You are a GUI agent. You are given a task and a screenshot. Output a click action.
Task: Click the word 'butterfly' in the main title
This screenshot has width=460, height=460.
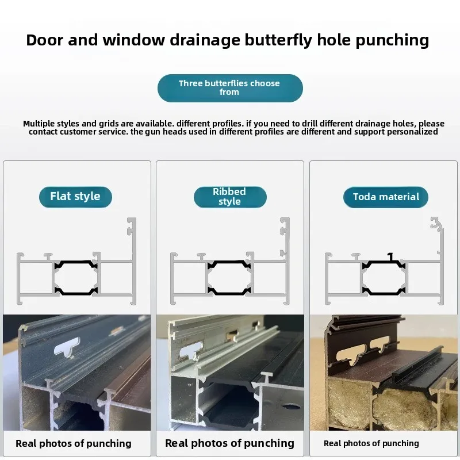pyautogui.click(x=278, y=40)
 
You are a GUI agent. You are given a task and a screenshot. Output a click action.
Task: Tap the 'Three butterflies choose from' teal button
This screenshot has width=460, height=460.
pyautogui.click(x=230, y=88)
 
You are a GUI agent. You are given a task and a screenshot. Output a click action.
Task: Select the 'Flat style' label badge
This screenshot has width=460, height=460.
pyautogui.click(x=75, y=197)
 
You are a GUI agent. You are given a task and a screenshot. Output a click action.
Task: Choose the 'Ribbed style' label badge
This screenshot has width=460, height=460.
pyautogui.click(x=230, y=197)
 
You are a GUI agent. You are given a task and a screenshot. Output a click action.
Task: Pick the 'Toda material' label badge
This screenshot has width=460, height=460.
pyautogui.click(x=385, y=197)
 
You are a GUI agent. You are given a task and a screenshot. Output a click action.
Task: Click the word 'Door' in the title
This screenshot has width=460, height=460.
pyautogui.click(x=45, y=40)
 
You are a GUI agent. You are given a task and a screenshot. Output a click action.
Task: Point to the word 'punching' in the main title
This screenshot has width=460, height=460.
pyautogui.click(x=392, y=40)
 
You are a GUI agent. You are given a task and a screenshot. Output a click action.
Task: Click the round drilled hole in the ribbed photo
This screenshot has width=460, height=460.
pyautogui.click(x=292, y=407)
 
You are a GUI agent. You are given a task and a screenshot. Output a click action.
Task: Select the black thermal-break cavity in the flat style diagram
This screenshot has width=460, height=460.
pyautogui.click(x=76, y=278)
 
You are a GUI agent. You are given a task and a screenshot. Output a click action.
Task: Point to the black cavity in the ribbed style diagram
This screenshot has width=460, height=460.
pyautogui.click(x=229, y=278)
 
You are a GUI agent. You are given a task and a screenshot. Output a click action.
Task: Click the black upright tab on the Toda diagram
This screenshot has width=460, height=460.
pyautogui.click(x=390, y=257)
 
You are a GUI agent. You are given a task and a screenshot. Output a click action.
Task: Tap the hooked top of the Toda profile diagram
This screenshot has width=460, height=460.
pyautogui.click(x=436, y=223)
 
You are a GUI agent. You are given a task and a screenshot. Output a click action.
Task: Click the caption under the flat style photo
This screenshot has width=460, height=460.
pyautogui.click(x=74, y=443)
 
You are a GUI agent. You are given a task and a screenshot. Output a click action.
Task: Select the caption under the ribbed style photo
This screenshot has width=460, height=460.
pyautogui.click(x=229, y=443)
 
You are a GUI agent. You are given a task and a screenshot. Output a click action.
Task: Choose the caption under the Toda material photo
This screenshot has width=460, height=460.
pyautogui.click(x=371, y=443)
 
